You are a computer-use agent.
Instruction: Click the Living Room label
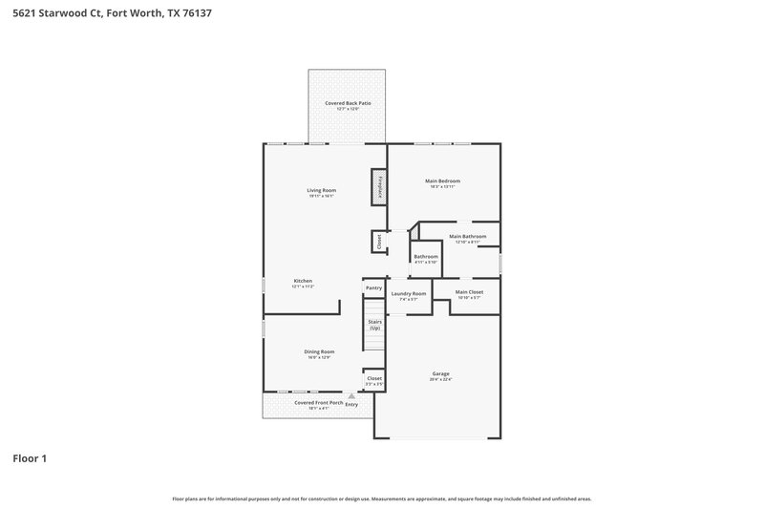pos(321,190)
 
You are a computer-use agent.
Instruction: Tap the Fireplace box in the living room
pos(379,185)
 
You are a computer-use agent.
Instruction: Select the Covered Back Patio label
pos(347,102)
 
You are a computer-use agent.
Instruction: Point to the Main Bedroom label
pos(442,180)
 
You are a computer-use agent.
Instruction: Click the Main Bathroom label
pos(467,236)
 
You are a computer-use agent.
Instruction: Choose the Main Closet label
pos(469,291)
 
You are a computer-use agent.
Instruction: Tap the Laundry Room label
pos(408,293)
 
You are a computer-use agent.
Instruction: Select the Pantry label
pos(373,287)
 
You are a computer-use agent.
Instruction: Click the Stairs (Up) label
pos(374,325)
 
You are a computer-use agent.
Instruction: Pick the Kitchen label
pos(303,281)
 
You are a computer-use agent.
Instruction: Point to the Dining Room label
pos(319,351)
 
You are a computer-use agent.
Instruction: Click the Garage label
pos(440,373)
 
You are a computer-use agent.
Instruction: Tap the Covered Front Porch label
pos(318,403)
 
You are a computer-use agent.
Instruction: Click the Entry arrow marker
pos(351,395)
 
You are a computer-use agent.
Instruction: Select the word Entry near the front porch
pos(351,405)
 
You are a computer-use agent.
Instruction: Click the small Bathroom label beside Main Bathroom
pos(426,256)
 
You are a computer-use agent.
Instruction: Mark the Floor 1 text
pos(30,458)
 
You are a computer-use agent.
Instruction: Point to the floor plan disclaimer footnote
pos(381,498)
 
